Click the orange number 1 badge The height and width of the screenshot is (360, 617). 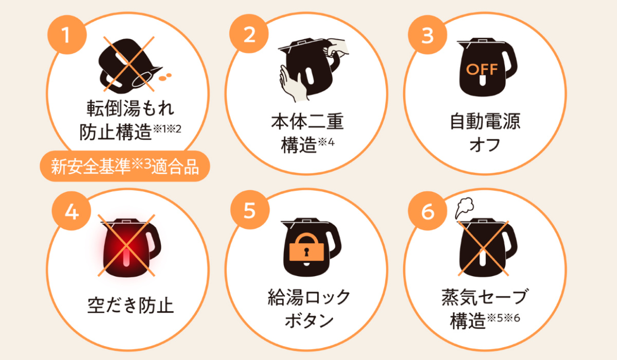point(67,34)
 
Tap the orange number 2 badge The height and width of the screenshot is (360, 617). point(249,34)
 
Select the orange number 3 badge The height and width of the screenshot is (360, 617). point(427,34)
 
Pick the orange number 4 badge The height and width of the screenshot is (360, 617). point(71,211)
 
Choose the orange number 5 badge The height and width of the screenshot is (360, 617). point(250,210)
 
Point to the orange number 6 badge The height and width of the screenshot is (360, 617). point(427,211)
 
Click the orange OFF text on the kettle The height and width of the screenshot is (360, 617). point(482,69)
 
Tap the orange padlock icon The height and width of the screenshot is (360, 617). point(306,247)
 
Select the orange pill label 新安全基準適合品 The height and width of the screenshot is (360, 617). point(125,166)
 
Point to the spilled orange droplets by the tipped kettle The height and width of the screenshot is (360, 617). point(165,77)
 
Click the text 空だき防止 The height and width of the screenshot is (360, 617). point(130,305)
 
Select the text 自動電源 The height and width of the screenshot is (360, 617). point(485,121)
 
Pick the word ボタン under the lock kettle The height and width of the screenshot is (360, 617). point(309,320)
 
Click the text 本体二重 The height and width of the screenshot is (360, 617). point(307,121)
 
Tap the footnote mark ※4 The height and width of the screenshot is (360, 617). point(326,142)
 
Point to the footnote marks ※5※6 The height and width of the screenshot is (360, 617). point(503,318)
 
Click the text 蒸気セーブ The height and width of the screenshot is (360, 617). point(485,297)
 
